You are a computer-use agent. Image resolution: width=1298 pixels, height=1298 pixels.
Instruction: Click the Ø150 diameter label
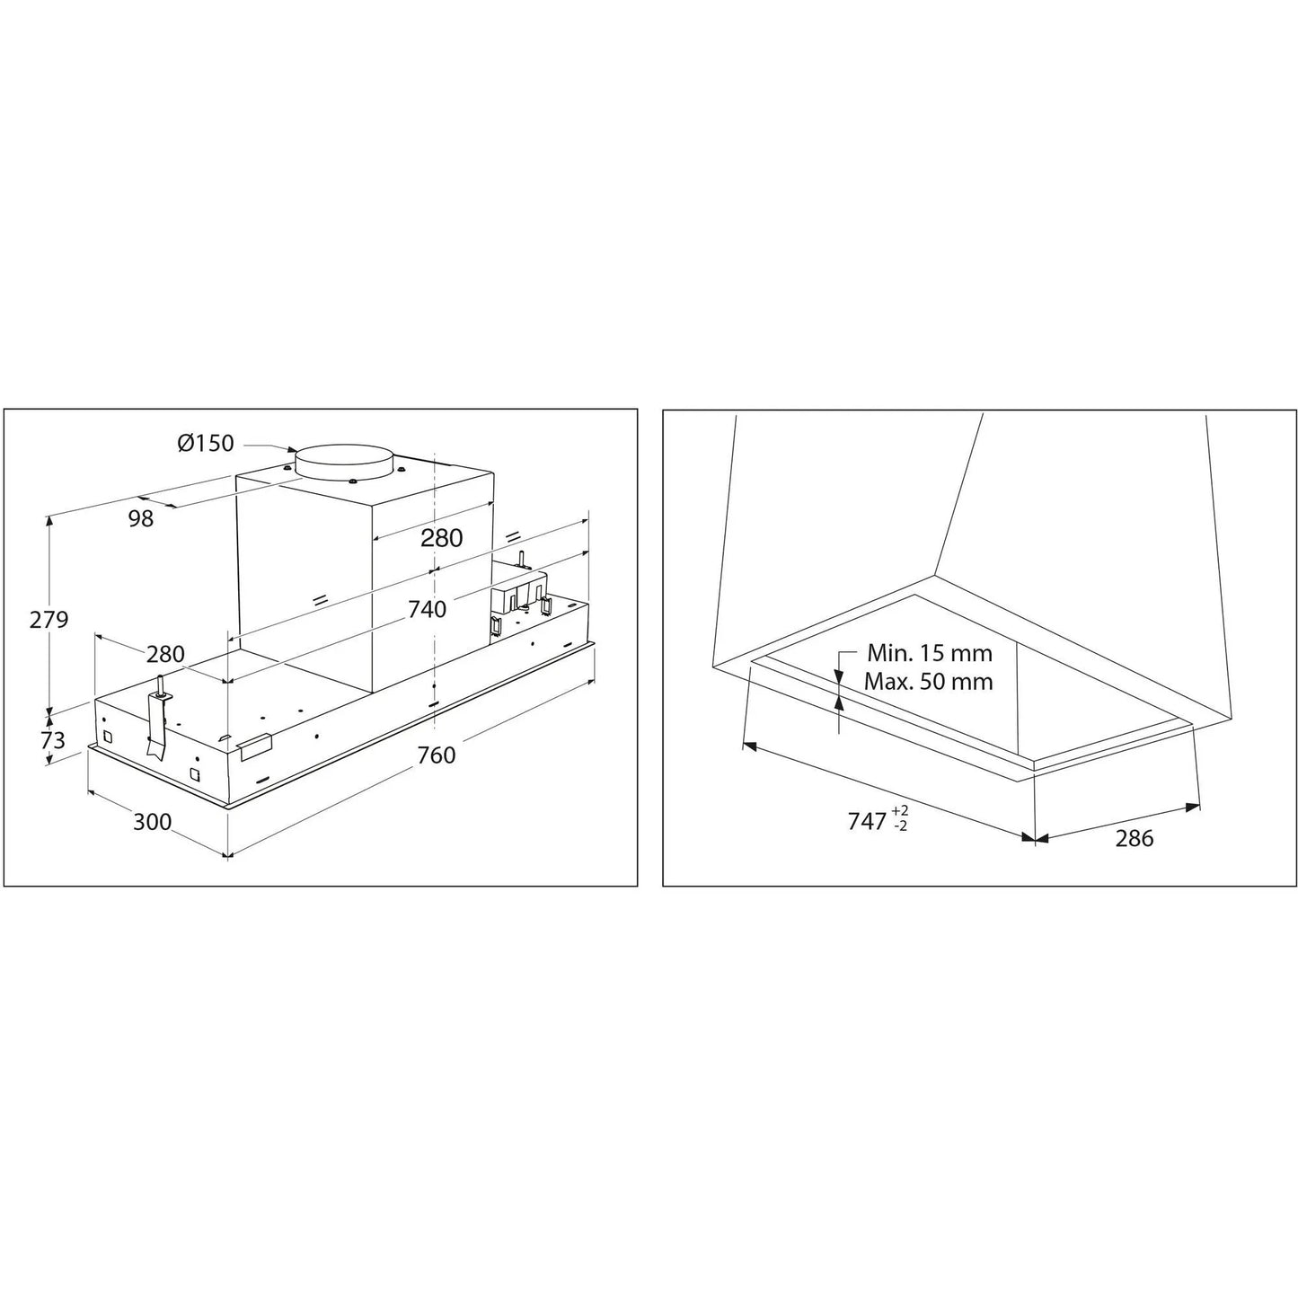pos(206,443)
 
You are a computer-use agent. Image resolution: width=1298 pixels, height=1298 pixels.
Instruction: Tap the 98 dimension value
pos(141,518)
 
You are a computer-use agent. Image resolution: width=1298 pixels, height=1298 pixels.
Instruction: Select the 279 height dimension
pos(49,619)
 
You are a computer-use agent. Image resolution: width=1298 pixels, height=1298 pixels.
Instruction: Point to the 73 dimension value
pos(52,740)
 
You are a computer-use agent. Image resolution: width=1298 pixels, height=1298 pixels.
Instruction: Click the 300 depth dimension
pos(152,822)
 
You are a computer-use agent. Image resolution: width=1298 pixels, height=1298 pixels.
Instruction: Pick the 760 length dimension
pos(437,755)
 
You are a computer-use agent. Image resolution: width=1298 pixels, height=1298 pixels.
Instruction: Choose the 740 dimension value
pos(427,609)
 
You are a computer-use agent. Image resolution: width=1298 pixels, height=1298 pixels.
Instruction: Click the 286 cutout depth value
pos(1135,838)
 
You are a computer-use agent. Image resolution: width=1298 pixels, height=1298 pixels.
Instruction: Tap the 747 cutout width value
pos(867,821)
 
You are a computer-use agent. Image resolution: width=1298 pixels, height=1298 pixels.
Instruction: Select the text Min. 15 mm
pos(930,653)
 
